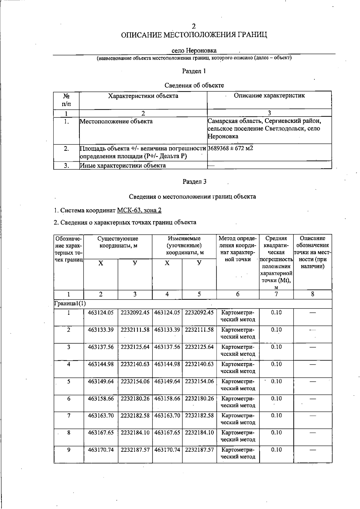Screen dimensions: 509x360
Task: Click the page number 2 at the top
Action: tap(194, 26)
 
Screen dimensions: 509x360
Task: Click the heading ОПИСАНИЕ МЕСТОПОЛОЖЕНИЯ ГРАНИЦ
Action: tap(194, 35)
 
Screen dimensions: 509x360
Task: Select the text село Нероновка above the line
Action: tap(194, 50)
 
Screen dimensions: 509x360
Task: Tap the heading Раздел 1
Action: tap(194, 71)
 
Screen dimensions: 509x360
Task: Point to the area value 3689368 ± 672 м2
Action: tap(230, 148)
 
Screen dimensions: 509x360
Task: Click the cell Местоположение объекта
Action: tap(116, 121)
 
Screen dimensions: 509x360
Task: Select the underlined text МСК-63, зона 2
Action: tap(139, 210)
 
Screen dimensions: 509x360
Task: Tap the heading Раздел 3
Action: tap(194, 181)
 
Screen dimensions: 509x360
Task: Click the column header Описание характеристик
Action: tap(269, 96)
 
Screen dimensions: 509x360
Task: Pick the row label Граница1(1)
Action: tap(70, 303)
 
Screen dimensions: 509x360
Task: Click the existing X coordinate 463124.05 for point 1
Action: tap(101, 313)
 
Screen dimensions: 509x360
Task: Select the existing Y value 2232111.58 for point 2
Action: tap(135, 330)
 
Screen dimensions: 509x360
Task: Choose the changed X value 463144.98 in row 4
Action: tap(167, 364)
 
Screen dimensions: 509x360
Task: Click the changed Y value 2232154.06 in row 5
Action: tap(199, 381)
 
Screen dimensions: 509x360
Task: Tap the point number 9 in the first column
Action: tap(69, 449)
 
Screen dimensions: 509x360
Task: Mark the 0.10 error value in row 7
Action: tap(276, 415)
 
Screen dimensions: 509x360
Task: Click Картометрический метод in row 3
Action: tap(238, 350)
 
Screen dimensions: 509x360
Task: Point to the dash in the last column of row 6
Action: tap(313, 399)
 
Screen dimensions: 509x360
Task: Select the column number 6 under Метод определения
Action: tap(238, 294)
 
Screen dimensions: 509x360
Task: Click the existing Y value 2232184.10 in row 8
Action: tap(135, 433)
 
